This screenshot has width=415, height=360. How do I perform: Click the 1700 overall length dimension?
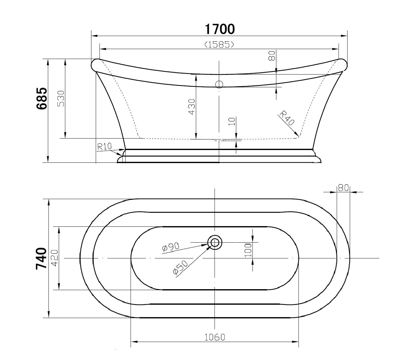coord(219,29)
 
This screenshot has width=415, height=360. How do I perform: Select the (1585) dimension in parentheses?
coord(219,45)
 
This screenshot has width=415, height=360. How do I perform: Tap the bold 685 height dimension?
coord(42,98)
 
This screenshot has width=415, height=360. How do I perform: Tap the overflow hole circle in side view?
coord(219,84)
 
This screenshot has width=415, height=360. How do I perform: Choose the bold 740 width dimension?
coord(42,258)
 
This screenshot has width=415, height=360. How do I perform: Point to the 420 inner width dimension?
coord(54,258)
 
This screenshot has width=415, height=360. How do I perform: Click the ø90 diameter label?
coord(171,247)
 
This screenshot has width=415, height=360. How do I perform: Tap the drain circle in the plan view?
coord(215,242)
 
